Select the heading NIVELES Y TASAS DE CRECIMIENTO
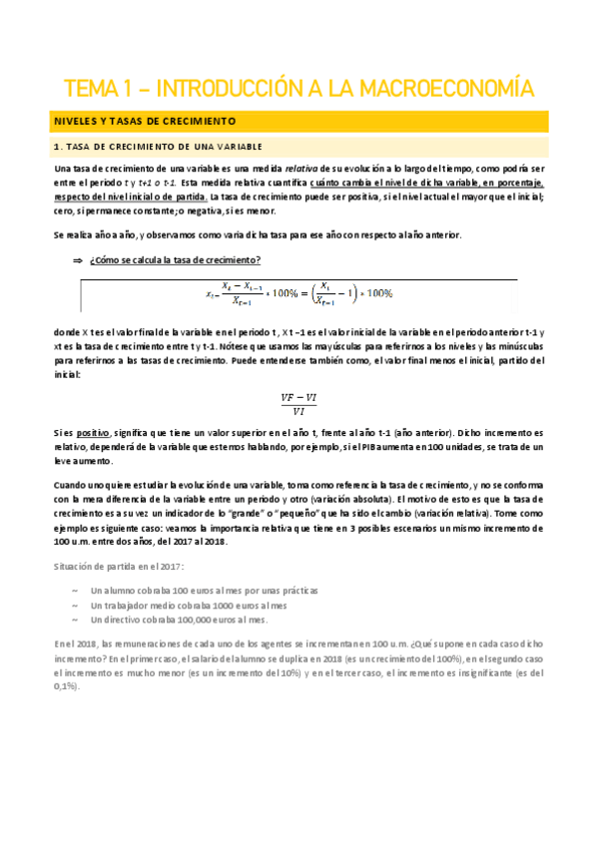pyautogui.click(x=145, y=121)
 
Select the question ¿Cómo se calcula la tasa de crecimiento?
pyautogui.click(x=175, y=259)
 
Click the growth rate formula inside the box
pyautogui.click(x=299, y=295)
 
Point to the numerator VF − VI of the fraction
pyautogui.click(x=299, y=396)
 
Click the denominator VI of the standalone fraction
pyautogui.click(x=299, y=411)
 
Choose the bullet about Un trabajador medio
pyautogui.click(x=188, y=605)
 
